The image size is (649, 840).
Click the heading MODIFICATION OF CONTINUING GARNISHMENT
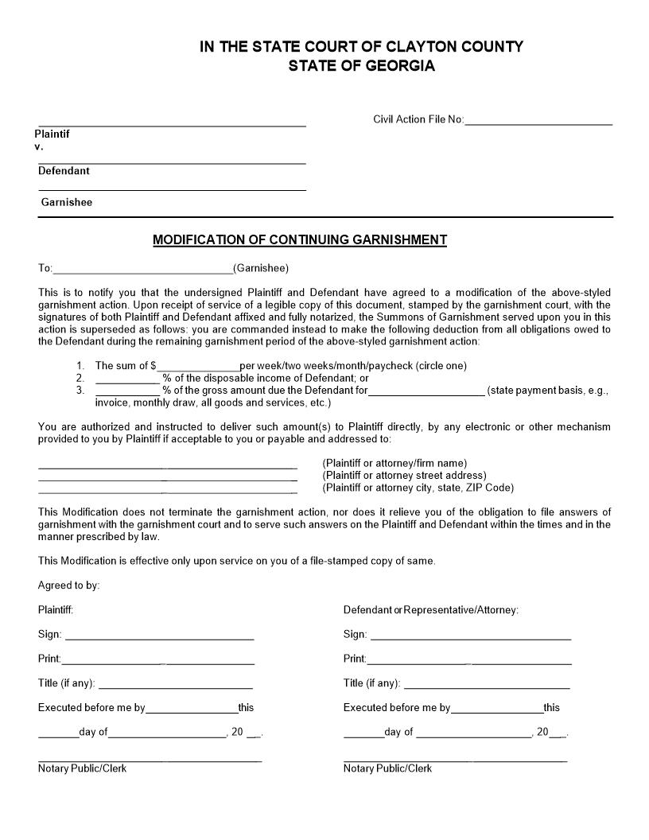pos(300,240)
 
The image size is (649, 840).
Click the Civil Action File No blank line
pos(538,122)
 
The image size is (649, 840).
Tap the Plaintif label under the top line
pos(52,134)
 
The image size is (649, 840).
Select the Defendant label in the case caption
pos(64,171)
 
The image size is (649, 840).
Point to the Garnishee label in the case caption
pos(67,202)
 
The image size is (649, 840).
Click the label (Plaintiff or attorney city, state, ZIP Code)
pos(418,488)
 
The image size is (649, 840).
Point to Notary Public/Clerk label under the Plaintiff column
pos(82,768)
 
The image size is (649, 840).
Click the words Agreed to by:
pos(68,585)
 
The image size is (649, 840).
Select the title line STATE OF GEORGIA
pos(361,66)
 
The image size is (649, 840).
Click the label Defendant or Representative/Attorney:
pos(430,610)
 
